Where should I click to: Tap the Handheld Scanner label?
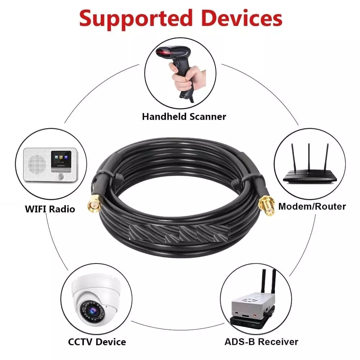pos(184,116)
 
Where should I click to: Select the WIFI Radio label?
pos(50,209)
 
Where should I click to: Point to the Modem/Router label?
pos(312,206)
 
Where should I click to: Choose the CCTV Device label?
pos(97,342)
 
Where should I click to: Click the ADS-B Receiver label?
pos(261,342)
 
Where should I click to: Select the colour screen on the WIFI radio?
pos(61,159)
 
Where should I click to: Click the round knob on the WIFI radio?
pos(61,176)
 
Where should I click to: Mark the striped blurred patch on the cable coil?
pos(179,234)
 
